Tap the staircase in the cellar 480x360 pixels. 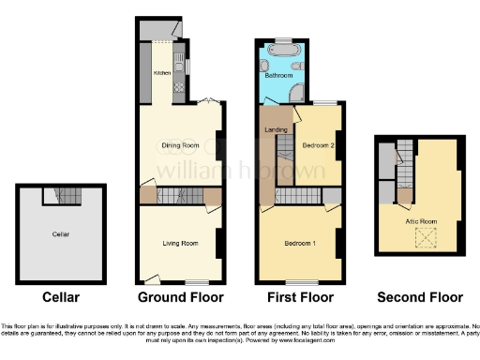(63, 195)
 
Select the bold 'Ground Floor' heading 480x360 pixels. (181, 298)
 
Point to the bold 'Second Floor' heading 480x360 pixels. (420, 298)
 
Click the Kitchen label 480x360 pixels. (159, 72)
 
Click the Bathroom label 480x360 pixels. (278, 76)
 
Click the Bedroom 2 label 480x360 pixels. (319, 144)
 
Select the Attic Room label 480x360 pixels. (421, 220)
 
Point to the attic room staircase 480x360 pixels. (404, 173)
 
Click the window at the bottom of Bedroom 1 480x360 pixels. (300, 282)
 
